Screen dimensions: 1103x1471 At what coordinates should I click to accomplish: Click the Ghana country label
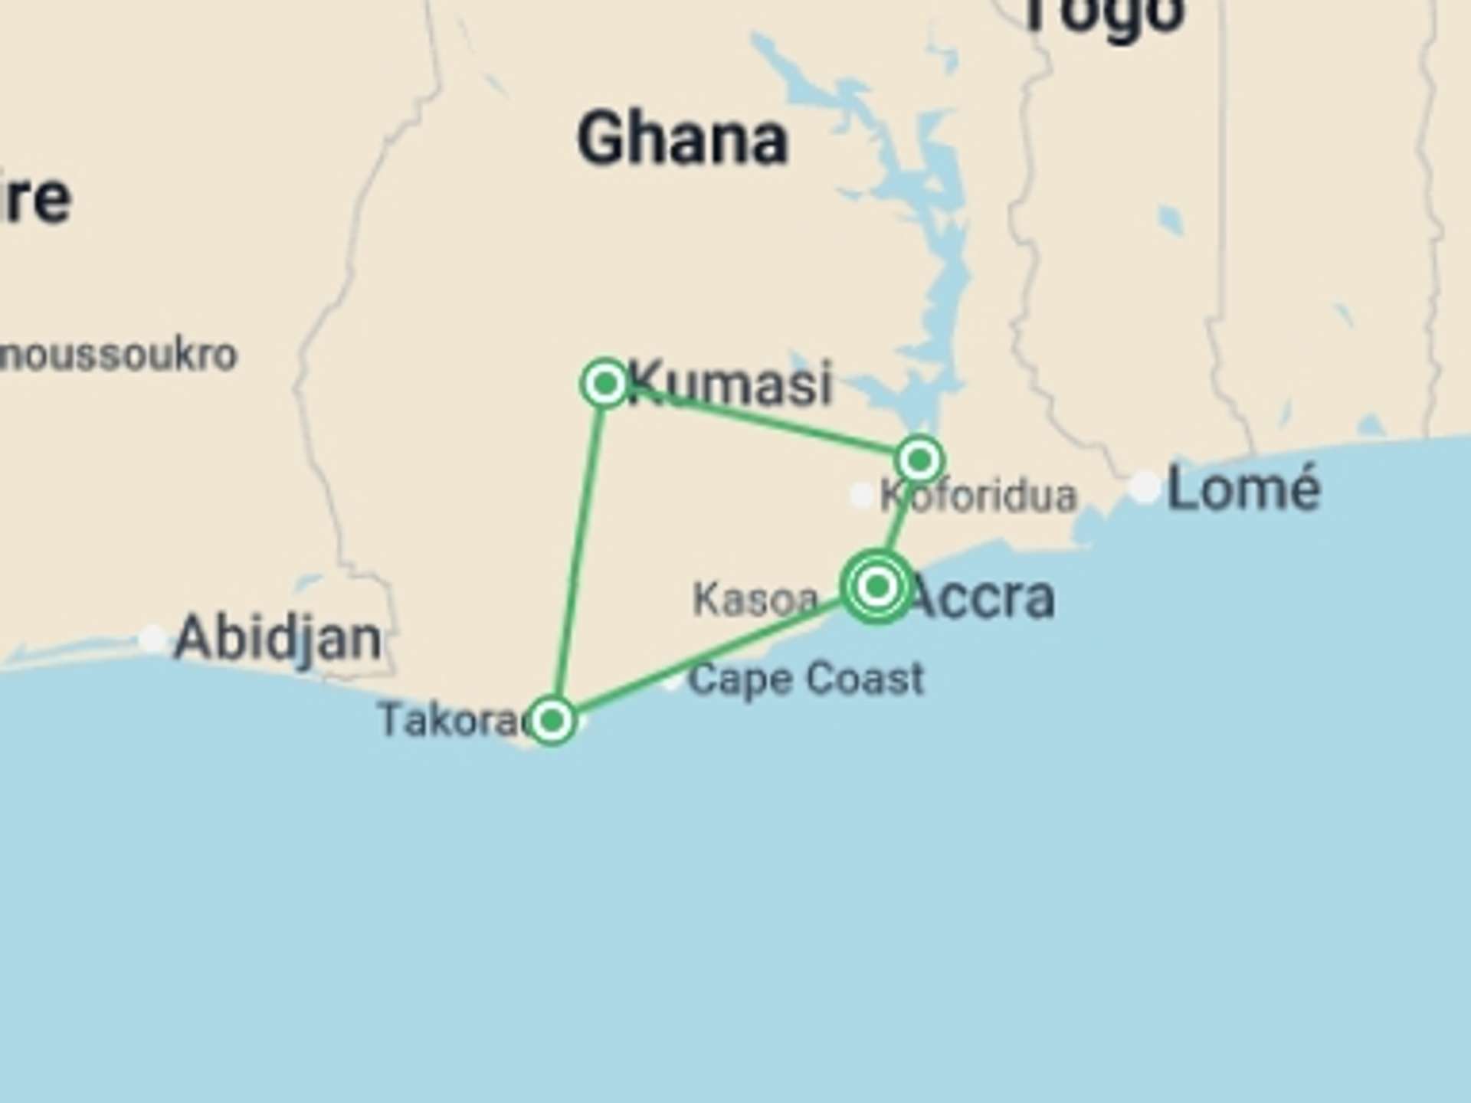click(682, 139)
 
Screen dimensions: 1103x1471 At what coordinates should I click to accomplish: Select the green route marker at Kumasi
click(605, 383)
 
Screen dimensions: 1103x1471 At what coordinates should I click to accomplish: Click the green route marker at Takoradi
click(552, 720)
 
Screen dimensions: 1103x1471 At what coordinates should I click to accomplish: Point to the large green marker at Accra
click(878, 587)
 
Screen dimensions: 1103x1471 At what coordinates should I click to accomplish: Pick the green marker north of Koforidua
click(919, 460)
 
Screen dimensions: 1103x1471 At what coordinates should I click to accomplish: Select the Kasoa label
click(755, 600)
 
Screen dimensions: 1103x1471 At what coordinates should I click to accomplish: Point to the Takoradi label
click(452, 721)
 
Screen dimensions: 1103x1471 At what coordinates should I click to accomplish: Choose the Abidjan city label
click(277, 638)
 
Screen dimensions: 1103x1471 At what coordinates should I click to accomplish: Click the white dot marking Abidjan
click(152, 638)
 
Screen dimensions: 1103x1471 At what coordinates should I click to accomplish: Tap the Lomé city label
click(1243, 489)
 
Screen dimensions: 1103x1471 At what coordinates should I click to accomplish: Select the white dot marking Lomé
click(1145, 486)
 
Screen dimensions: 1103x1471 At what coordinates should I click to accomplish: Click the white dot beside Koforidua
click(862, 496)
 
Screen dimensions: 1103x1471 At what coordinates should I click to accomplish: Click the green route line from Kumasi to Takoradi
click(578, 551)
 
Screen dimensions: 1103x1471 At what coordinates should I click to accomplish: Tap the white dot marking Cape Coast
click(672, 681)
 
